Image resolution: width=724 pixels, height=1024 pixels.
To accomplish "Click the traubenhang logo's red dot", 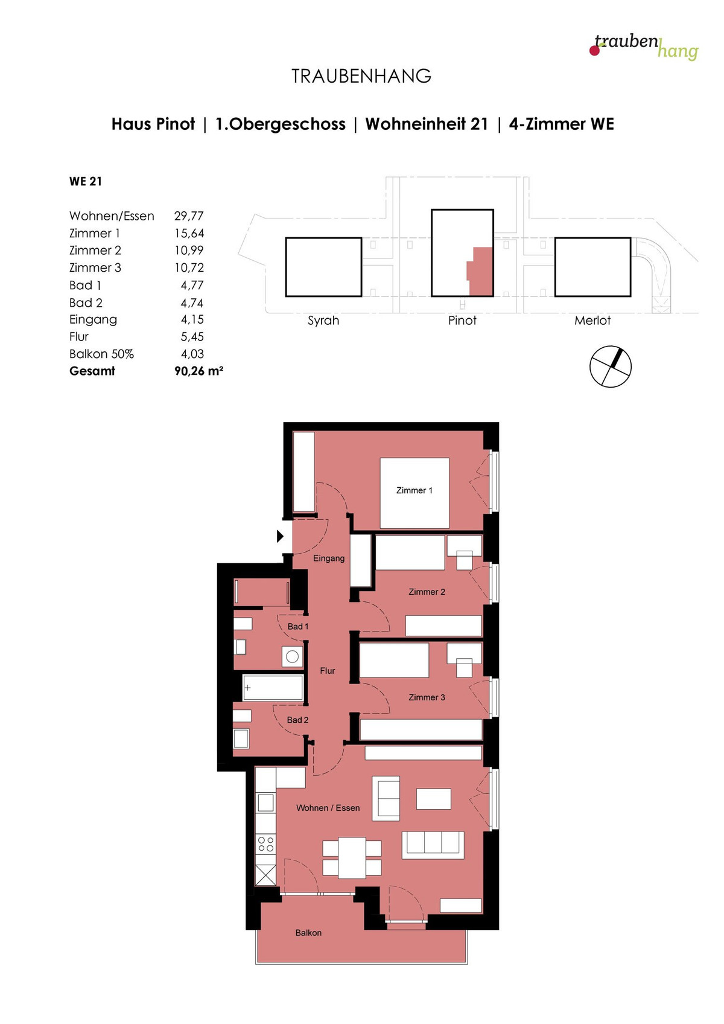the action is click(x=594, y=50).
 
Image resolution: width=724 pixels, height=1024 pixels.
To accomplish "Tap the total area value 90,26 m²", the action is click(x=198, y=371).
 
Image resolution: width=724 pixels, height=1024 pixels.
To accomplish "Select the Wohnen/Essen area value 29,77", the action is click(x=189, y=216).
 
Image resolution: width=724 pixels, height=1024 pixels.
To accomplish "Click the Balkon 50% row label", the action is click(x=101, y=354).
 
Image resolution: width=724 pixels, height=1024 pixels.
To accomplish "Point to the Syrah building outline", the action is click(x=323, y=267).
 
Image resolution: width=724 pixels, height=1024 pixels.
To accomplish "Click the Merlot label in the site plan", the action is click(x=592, y=321).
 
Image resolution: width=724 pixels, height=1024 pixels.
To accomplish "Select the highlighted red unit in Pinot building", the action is click(x=480, y=271).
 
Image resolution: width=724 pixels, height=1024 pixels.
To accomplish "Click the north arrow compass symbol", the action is click(x=610, y=366).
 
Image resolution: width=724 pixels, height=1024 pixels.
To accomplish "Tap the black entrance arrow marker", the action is click(x=280, y=536).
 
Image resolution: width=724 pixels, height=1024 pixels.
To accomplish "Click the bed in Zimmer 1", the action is click(x=414, y=493).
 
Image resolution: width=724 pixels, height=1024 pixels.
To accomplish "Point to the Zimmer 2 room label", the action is click(x=427, y=592).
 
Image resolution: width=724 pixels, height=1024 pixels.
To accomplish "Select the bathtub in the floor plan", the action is click(x=273, y=688).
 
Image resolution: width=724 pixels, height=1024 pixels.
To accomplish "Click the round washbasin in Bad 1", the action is click(x=293, y=657).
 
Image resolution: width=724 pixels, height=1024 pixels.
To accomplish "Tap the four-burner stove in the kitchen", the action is click(x=265, y=844).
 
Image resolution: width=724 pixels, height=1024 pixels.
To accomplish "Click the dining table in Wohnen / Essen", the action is click(x=352, y=857).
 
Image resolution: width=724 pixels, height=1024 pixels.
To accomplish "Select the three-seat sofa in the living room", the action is click(x=433, y=845).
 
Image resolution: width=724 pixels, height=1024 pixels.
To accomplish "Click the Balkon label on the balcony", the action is click(x=308, y=933).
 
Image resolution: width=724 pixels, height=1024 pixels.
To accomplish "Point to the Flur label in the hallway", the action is click(x=328, y=671).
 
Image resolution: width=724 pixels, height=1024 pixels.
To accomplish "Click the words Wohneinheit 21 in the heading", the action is click(x=427, y=124).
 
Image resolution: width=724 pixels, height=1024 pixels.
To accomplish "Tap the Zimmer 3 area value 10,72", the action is click(x=189, y=267).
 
